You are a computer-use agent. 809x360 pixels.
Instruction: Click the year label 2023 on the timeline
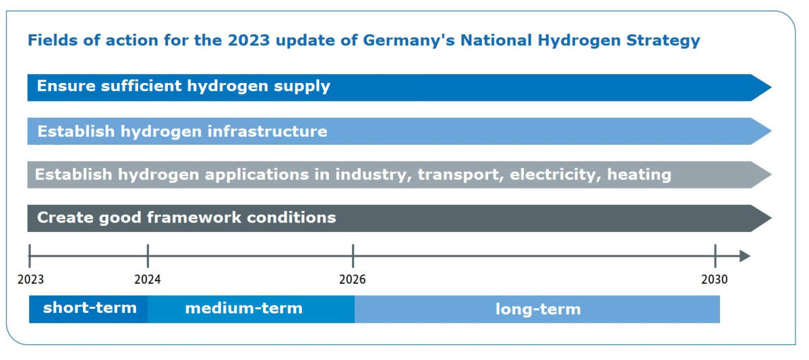(30, 279)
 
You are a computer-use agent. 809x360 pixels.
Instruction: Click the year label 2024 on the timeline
(148, 279)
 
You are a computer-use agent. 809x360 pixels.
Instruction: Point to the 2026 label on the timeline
(353, 279)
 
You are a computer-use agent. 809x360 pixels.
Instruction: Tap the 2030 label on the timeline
(715, 279)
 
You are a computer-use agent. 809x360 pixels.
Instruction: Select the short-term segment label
(90, 309)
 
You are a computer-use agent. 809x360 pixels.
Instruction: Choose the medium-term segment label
(243, 309)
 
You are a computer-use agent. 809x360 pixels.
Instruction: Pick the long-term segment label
(537, 309)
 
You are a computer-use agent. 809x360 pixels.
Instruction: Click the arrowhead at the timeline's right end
(744, 256)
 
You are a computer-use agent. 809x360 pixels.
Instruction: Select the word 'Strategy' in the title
(663, 40)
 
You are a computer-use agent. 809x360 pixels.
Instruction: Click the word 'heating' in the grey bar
(639, 175)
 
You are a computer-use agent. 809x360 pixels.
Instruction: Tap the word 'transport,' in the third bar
(460, 175)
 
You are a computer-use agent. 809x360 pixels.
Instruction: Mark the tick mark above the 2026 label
(353, 256)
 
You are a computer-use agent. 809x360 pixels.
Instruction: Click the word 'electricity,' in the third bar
(556, 175)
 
